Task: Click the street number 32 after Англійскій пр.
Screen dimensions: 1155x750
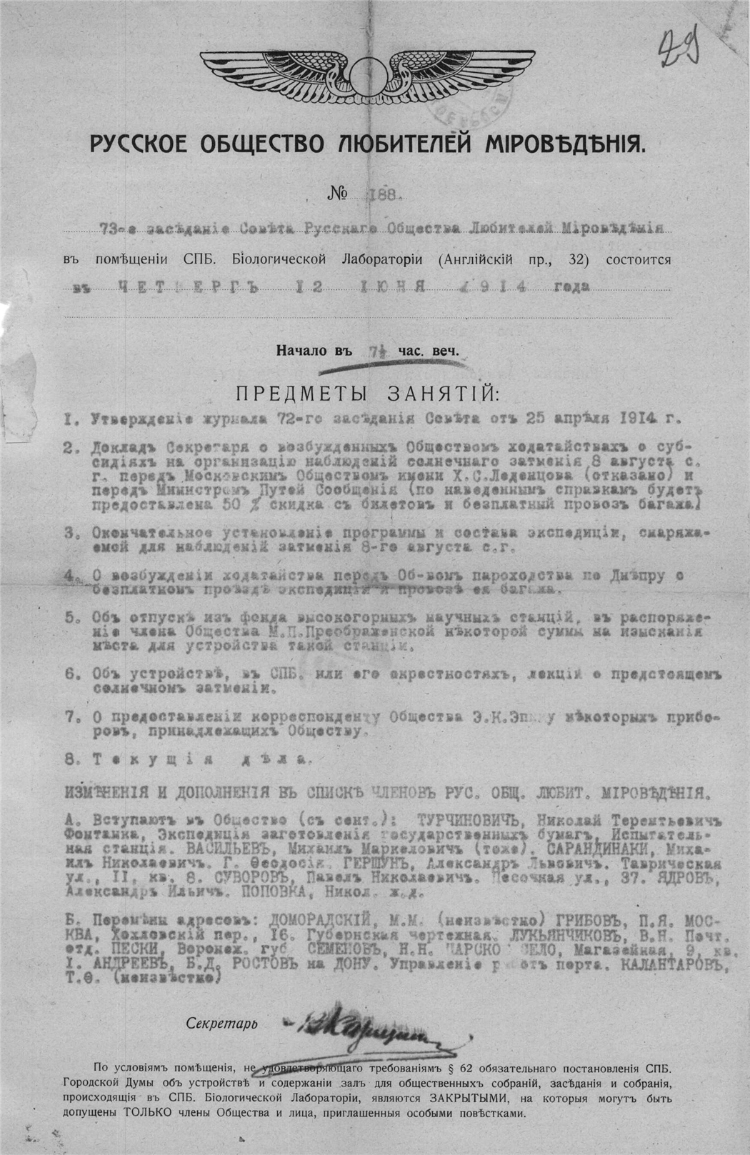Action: pyautogui.click(x=575, y=259)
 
